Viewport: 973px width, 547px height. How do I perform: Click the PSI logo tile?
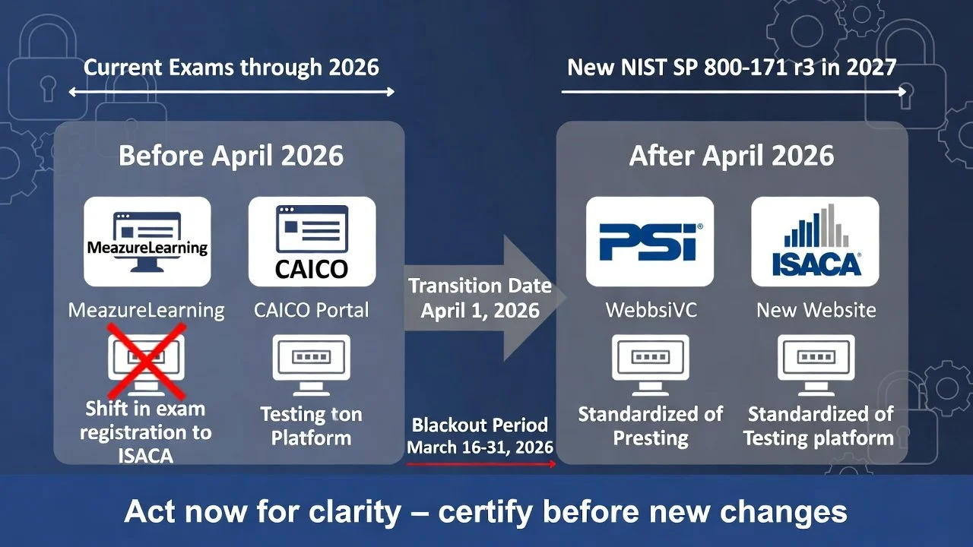tap(650, 241)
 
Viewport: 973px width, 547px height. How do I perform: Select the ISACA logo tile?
tap(815, 241)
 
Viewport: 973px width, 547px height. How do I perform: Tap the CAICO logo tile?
tap(312, 241)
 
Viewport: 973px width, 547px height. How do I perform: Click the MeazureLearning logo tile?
tap(147, 241)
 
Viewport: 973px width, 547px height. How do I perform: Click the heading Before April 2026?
tap(231, 156)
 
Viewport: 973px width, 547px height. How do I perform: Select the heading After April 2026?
tap(731, 156)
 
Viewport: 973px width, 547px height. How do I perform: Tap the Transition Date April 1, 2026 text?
tap(480, 298)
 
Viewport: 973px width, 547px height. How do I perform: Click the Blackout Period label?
tap(480, 425)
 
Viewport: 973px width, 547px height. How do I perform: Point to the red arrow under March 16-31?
tap(480, 462)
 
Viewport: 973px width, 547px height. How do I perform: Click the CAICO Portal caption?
tap(312, 310)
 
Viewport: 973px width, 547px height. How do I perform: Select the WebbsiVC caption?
tap(650, 310)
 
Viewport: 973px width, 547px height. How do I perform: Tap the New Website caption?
tap(816, 310)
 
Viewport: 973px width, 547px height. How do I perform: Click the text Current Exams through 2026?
tap(231, 67)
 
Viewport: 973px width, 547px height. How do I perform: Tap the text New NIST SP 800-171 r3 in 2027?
tap(731, 67)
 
